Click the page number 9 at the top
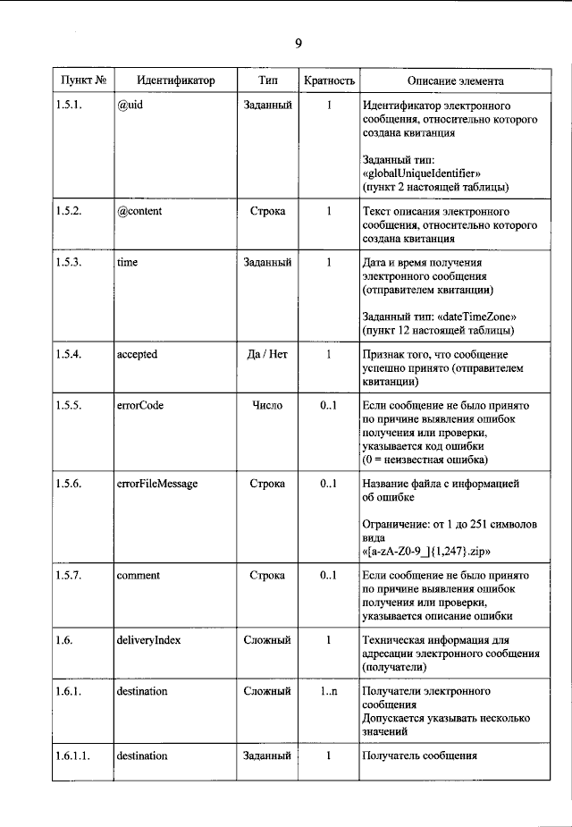(x=298, y=44)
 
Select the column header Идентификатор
(x=164, y=80)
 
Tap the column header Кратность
(x=329, y=80)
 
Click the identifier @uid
(x=130, y=105)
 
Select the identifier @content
(x=139, y=212)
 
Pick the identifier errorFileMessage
(x=157, y=484)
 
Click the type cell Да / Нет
(x=266, y=354)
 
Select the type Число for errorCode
(x=267, y=405)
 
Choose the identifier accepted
(x=137, y=354)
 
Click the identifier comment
(x=138, y=575)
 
